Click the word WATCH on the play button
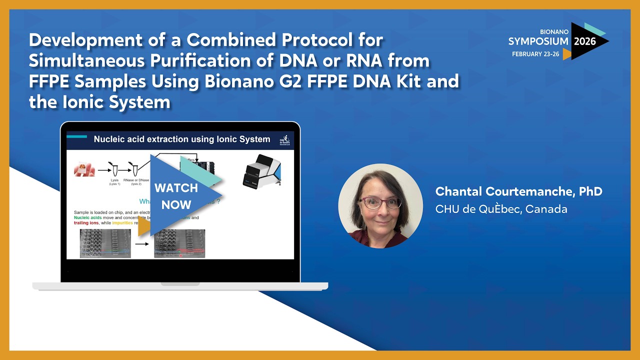(176, 188)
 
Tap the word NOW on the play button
(176, 204)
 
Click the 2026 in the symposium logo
(584, 41)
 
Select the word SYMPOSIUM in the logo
(538, 41)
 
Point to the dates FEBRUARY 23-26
(534, 54)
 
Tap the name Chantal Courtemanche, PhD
(518, 191)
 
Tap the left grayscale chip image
(105, 243)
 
